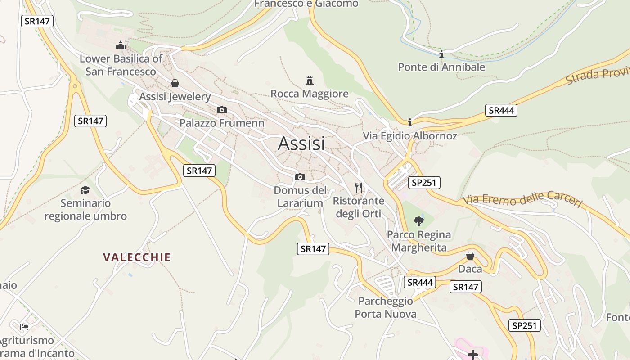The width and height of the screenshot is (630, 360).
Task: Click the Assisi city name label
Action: [x=301, y=144]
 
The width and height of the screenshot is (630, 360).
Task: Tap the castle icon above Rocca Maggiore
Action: [x=309, y=81]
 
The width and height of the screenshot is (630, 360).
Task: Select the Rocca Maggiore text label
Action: [x=309, y=94]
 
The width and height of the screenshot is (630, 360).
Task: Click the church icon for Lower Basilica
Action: [x=121, y=45]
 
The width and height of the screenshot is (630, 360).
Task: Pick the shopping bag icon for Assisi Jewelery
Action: [x=175, y=83]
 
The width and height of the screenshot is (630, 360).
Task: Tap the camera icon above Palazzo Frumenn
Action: [x=221, y=110]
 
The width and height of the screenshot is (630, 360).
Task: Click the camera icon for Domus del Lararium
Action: [x=300, y=177]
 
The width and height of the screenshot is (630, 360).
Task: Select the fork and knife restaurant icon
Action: [x=359, y=187]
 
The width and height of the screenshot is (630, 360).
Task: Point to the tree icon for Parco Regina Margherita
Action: [x=419, y=221]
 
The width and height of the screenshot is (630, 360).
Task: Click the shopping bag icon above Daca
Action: [x=470, y=256]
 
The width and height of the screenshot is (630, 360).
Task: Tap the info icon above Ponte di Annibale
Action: [x=441, y=54]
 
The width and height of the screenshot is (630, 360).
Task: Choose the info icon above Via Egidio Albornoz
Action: [x=410, y=122]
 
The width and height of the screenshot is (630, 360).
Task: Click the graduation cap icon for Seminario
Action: [x=85, y=190]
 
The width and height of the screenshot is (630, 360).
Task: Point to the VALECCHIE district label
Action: [x=137, y=257]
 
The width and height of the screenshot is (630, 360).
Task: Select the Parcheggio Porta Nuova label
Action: [x=386, y=307]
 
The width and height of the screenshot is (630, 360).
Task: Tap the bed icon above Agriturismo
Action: [x=24, y=327]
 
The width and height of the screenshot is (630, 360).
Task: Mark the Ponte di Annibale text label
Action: [x=441, y=67]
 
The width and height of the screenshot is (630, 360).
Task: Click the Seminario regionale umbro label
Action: [x=85, y=210]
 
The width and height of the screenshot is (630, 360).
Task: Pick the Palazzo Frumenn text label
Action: [x=222, y=123]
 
